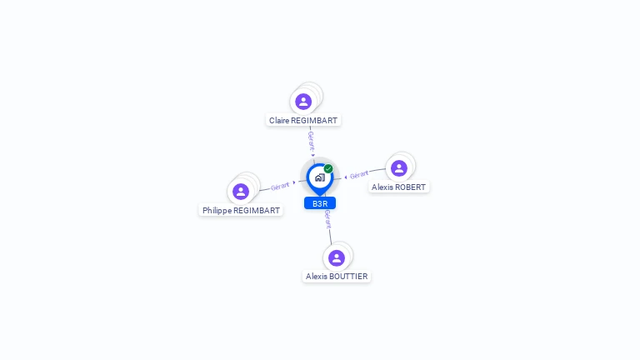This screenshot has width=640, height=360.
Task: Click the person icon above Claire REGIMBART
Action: point(303,102)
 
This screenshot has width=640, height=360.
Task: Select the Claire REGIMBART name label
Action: point(303,120)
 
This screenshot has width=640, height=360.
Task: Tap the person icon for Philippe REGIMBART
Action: point(241,192)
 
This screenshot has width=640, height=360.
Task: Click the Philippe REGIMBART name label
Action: point(241,211)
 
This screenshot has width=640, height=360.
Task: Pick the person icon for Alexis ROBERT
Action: point(399,168)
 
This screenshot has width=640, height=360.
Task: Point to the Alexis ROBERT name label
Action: point(399,187)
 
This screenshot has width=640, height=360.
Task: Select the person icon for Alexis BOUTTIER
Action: point(337,258)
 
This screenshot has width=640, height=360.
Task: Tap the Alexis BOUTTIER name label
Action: point(337,277)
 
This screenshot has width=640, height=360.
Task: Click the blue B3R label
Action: point(320,203)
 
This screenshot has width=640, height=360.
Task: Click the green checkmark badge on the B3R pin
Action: point(328,168)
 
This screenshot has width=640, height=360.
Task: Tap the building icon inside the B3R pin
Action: point(320,177)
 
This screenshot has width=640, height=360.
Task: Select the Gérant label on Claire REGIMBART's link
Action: point(312,141)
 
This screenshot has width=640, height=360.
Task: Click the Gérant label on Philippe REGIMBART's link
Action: point(280,187)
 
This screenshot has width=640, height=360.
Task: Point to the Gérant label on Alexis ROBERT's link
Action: point(359,175)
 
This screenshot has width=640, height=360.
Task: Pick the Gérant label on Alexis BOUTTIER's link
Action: point(327,219)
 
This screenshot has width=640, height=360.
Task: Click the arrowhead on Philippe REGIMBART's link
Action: point(294,182)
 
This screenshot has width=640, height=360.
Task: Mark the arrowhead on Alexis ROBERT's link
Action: point(346,177)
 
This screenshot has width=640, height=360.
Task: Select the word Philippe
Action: point(217,211)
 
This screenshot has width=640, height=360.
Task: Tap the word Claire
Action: point(279,120)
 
